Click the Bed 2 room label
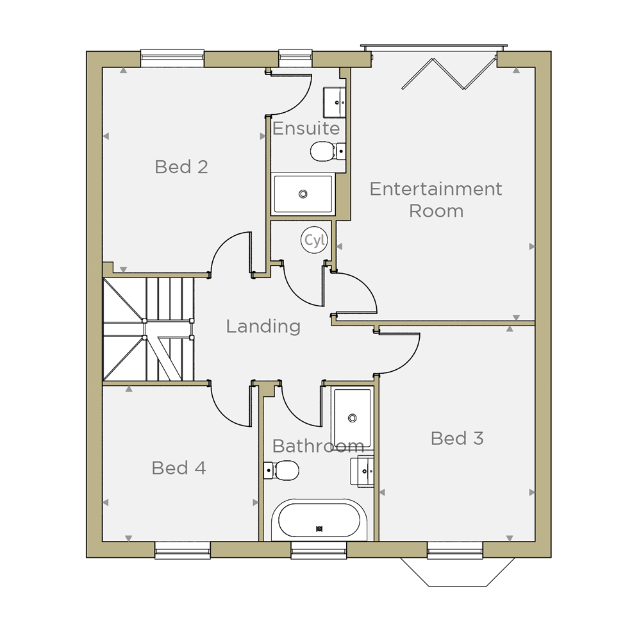point(181,167)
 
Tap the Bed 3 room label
point(457,438)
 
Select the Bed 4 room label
point(179,468)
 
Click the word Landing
point(263,326)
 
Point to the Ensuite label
point(306,128)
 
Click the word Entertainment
point(436,189)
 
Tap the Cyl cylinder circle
point(314,240)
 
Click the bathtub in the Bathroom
point(319,520)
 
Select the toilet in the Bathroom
point(281,470)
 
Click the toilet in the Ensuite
point(328,151)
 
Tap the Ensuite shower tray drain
point(303,194)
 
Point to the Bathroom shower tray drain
point(353,418)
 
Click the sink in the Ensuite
point(335,102)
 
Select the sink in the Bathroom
point(362,471)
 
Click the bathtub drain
point(319,529)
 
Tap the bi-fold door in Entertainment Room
point(449,74)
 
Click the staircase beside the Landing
point(148,329)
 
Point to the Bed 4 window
point(183,550)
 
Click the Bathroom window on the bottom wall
point(319,550)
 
